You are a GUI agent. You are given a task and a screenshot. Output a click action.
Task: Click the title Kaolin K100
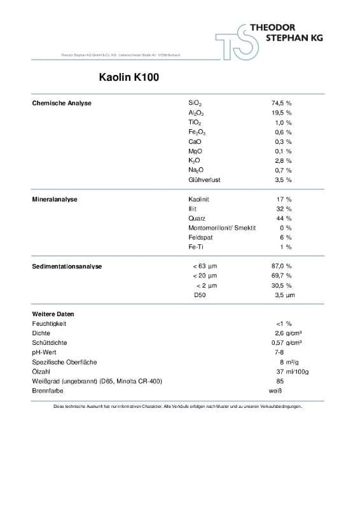click(x=125, y=78)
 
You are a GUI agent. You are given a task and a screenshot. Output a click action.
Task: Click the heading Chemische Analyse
click(x=62, y=103)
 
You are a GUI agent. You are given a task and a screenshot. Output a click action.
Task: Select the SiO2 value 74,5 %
click(x=281, y=103)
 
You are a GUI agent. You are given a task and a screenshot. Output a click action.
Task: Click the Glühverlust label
click(x=204, y=180)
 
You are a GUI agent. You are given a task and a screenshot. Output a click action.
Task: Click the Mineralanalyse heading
click(x=55, y=199)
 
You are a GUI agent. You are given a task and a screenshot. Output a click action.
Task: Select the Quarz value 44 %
click(x=284, y=218)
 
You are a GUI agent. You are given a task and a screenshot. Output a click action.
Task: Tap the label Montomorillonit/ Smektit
click(x=222, y=228)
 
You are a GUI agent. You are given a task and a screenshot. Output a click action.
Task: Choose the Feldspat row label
click(x=200, y=237)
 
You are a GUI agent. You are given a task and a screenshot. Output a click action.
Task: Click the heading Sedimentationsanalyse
click(x=67, y=266)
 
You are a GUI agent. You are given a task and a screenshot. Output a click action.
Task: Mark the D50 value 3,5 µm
click(x=284, y=295)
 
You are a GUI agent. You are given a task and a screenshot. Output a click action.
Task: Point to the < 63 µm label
click(x=204, y=266)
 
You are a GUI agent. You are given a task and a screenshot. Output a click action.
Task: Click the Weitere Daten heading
click(x=53, y=314)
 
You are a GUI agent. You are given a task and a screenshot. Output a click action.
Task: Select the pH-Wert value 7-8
click(x=279, y=352)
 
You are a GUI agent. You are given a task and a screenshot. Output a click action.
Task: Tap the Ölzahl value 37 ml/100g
click(x=289, y=372)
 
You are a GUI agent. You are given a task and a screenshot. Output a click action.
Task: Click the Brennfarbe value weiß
click(x=275, y=391)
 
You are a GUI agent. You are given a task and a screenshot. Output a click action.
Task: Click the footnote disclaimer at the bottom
click(x=178, y=406)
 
